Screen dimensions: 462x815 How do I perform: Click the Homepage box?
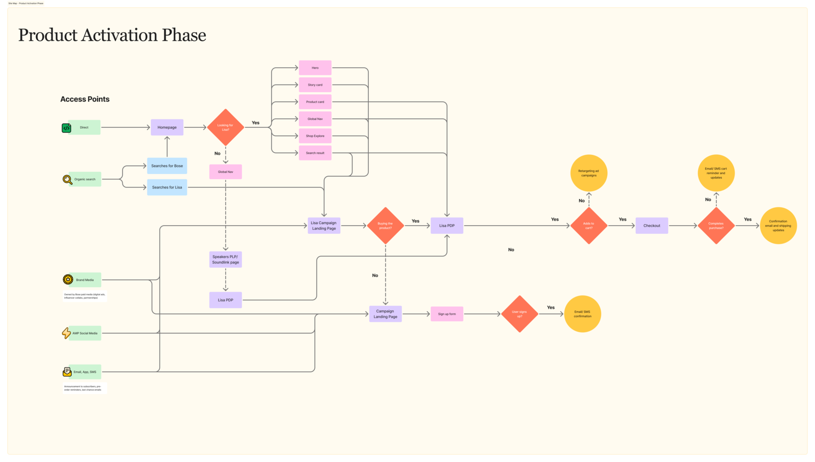click(x=167, y=127)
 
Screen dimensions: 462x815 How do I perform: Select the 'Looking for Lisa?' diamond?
click(x=225, y=127)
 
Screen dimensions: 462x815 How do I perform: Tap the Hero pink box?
click(x=315, y=68)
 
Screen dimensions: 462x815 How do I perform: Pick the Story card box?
click(x=315, y=85)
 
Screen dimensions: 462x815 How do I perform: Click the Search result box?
click(x=315, y=153)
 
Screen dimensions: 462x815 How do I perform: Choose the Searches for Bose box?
click(x=167, y=166)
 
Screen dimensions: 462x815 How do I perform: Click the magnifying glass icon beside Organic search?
click(x=67, y=179)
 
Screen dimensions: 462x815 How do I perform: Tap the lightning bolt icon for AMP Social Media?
click(x=67, y=333)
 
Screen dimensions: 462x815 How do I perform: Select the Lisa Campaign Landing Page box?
click(x=323, y=226)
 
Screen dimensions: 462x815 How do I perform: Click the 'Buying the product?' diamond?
click(x=385, y=226)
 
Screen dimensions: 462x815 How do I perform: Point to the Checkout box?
click(x=651, y=226)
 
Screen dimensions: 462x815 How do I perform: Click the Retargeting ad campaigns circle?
click(x=588, y=173)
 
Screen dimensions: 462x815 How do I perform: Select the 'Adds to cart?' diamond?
click(x=588, y=226)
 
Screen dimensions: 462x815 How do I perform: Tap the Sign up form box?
click(x=447, y=314)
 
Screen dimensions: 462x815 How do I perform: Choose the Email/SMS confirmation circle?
click(x=582, y=314)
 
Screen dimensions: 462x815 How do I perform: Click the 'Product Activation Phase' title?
click(x=112, y=35)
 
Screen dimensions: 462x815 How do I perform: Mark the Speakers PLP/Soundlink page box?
click(x=225, y=259)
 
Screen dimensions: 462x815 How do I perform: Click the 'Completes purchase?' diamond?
click(x=716, y=226)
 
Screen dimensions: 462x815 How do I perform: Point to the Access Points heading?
click(x=85, y=99)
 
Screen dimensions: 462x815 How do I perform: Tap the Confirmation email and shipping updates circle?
click(x=778, y=226)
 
